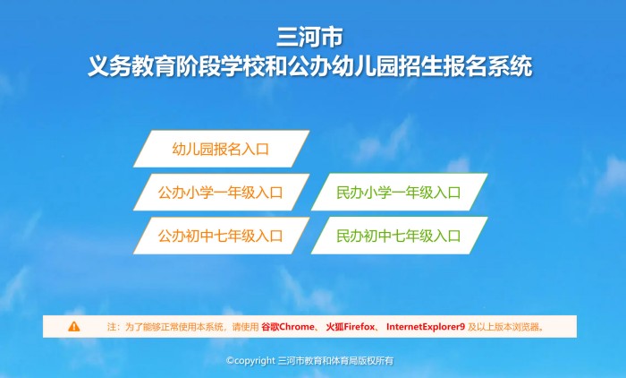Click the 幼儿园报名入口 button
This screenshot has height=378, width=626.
click(x=221, y=149)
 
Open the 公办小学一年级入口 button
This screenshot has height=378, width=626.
click(x=221, y=193)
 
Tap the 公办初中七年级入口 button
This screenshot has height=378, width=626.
click(x=221, y=236)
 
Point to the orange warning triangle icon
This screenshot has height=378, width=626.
click(x=74, y=327)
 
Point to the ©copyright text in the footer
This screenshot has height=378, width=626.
click(x=250, y=360)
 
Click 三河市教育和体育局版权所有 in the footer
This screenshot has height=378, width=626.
click(x=335, y=360)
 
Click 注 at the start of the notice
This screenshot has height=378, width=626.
click(x=112, y=327)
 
